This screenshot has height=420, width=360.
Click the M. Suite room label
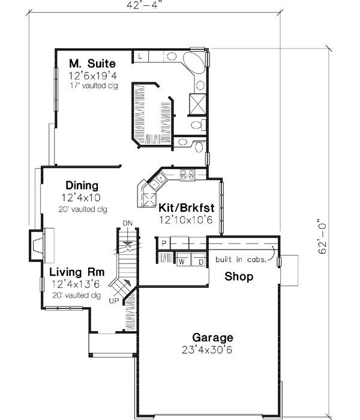click(x=92, y=63)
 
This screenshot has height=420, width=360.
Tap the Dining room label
click(x=82, y=186)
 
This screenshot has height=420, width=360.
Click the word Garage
click(x=212, y=337)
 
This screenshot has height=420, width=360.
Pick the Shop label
click(x=239, y=277)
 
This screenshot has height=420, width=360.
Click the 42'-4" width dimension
click(x=145, y=5)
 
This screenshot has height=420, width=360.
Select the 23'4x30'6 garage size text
click(x=212, y=349)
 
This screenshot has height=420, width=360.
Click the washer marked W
click(x=181, y=262)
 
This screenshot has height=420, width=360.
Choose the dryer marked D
click(x=200, y=262)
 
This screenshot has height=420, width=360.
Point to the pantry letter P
click(x=163, y=243)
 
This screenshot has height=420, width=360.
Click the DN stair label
click(x=127, y=223)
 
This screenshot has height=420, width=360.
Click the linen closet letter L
click(x=139, y=56)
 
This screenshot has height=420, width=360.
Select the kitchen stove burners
click(x=187, y=175)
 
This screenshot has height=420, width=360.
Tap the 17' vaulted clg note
click(x=92, y=86)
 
